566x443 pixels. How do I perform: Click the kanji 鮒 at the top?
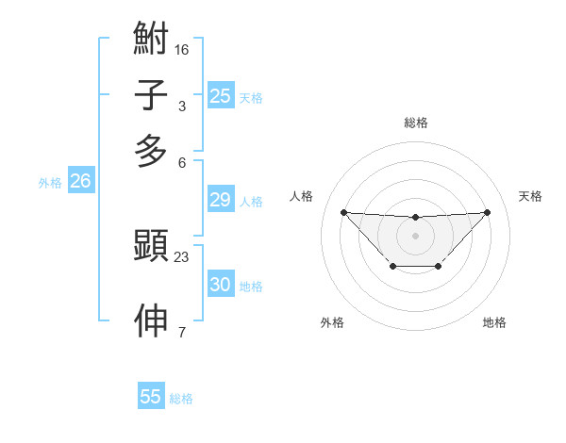point(151,40)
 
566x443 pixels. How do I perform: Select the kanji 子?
point(151,96)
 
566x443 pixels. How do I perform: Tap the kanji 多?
point(151,151)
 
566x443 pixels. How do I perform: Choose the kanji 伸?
point(151,321)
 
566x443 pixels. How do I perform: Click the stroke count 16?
point(182,48)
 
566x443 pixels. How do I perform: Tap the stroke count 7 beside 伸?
point(182,331)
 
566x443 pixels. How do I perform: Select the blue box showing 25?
point(221,96)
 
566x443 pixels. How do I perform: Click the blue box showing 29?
point(221,200)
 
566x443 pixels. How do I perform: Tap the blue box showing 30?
point(221,285)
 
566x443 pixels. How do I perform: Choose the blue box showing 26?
point(80,182)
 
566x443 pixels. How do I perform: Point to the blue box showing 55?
point(151,397)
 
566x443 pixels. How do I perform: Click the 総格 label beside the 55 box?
point(181,399)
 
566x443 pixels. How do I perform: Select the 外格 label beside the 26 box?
point(50,183)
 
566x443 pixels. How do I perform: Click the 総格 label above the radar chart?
point(415,123)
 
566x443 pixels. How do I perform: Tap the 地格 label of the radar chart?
point(494,323)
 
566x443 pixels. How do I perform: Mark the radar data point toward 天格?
point(487,212)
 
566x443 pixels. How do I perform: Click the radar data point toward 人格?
point(343,212)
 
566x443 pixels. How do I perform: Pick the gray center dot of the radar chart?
point(415,236)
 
